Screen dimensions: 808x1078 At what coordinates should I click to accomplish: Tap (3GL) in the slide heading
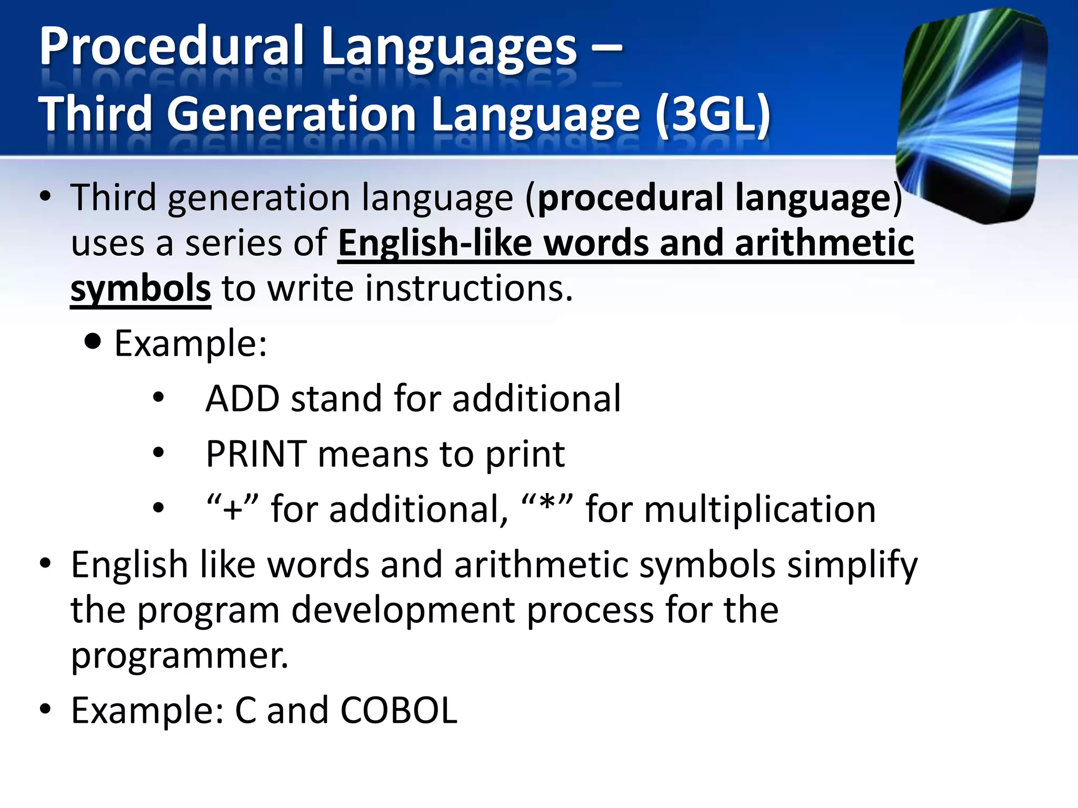click(x=713, y=115)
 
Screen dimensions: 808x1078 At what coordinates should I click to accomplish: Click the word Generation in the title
click(x=292, y=115)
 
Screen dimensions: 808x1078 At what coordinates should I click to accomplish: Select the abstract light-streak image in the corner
click(x=971, y=116)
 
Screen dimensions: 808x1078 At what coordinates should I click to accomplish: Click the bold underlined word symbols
click(x=141, y=289)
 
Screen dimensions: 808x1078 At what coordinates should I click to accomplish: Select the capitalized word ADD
click(x=242, y=399)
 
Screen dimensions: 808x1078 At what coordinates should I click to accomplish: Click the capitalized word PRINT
click(x=256, y=454)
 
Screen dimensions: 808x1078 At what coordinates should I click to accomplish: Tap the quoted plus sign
click(x=233, y=509)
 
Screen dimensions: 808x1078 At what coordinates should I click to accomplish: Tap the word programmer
click(x=179, y=656)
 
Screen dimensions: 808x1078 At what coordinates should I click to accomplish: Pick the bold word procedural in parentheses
click(x=630, y=198)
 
